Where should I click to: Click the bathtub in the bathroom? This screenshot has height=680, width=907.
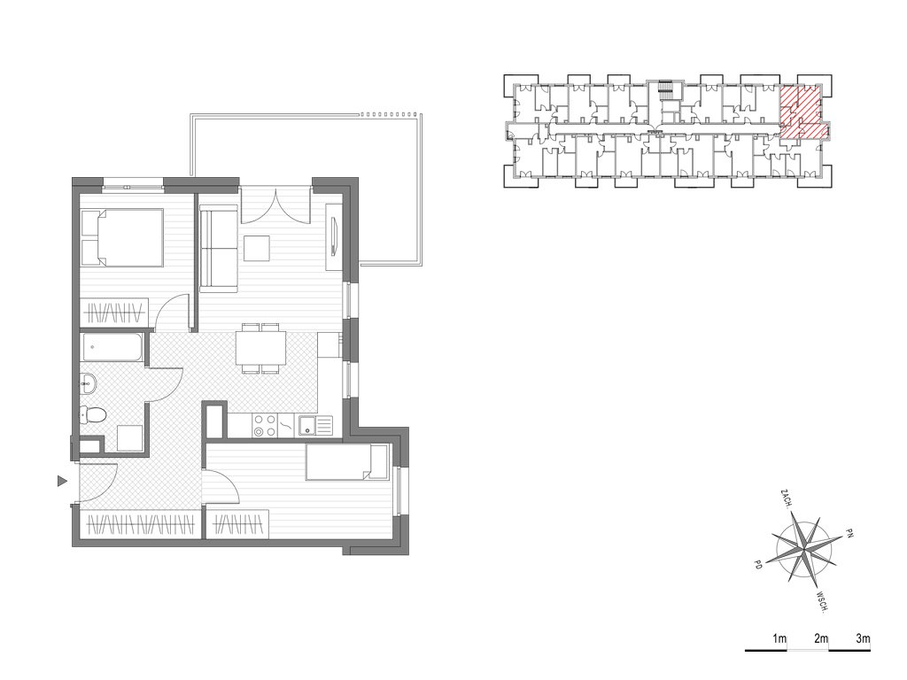click(112, 347)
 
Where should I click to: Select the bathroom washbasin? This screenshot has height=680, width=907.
click(89, 383)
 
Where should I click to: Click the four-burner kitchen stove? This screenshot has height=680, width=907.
click(265, 426)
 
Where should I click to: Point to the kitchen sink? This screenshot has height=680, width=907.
click(315, 426)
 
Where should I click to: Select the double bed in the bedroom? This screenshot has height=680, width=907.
click(122, 237)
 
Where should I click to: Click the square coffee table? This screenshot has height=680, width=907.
click(257, 249)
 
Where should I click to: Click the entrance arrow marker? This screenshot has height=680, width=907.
click(63, 481)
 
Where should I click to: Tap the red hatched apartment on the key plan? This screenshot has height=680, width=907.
click(801, 112)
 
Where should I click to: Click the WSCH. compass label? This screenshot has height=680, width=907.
click(823, 601)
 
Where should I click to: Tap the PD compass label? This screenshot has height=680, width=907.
click(758, 564)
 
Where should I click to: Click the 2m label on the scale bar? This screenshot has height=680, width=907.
click(821, 639)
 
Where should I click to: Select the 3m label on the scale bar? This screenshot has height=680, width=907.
click(863, 639)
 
